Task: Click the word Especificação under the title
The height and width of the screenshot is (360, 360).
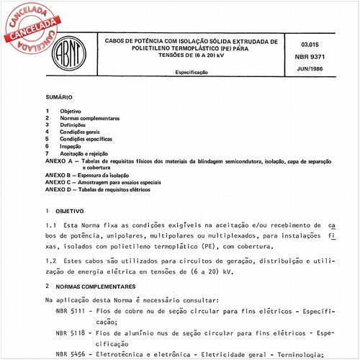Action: tap(192, 73)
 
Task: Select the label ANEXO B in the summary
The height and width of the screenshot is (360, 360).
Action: tap(59, 176)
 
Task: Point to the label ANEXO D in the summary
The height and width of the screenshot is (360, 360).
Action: tap(59, 189)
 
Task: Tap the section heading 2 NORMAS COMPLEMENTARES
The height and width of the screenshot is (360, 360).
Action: tap(94, 287)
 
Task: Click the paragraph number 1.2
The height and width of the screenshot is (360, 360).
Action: tap(50, 257)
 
